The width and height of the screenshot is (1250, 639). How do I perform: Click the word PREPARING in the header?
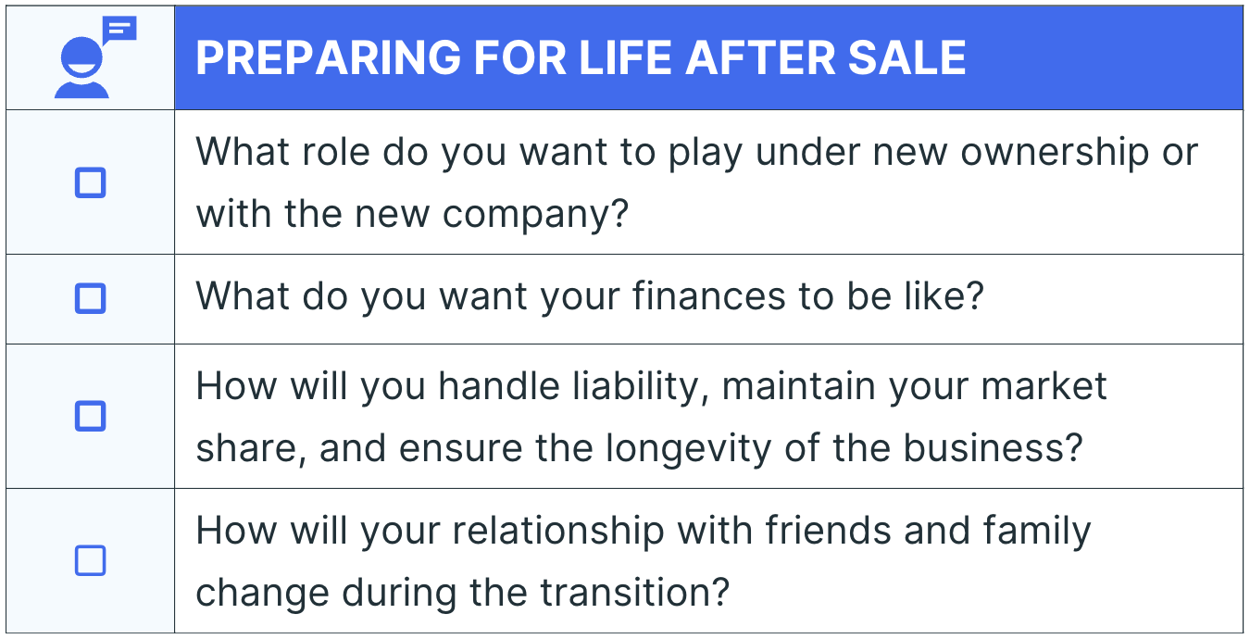(328, 57)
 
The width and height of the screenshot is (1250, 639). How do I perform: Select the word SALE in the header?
(906, 57)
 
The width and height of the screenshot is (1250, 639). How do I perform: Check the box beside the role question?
(91, 182)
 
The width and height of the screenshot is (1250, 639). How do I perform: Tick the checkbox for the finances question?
(91, 298)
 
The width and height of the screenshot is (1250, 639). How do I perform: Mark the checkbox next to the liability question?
(91, 416)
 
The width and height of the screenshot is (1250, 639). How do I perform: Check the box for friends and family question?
(91, 560)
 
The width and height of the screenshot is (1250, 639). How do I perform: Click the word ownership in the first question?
(1054, 154)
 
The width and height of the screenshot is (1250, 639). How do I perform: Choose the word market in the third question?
(1044, 386)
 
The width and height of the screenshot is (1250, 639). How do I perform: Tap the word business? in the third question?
(994, 447)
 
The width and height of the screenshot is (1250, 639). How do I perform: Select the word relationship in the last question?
(558, 532)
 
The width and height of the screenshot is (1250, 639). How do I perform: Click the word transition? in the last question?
(635, 592)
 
